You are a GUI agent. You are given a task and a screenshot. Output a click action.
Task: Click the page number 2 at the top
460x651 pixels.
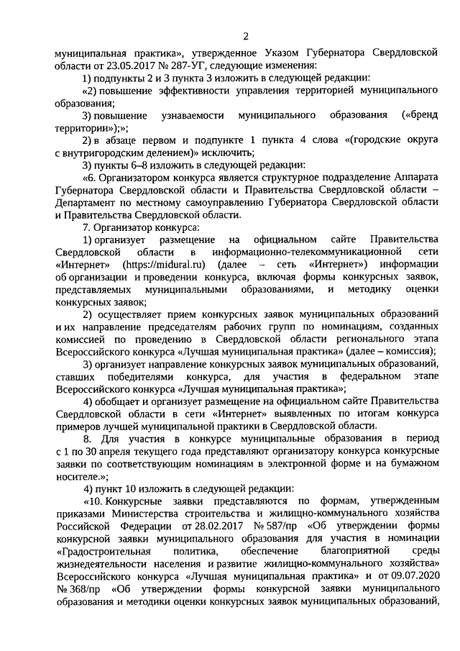[245, 36]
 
